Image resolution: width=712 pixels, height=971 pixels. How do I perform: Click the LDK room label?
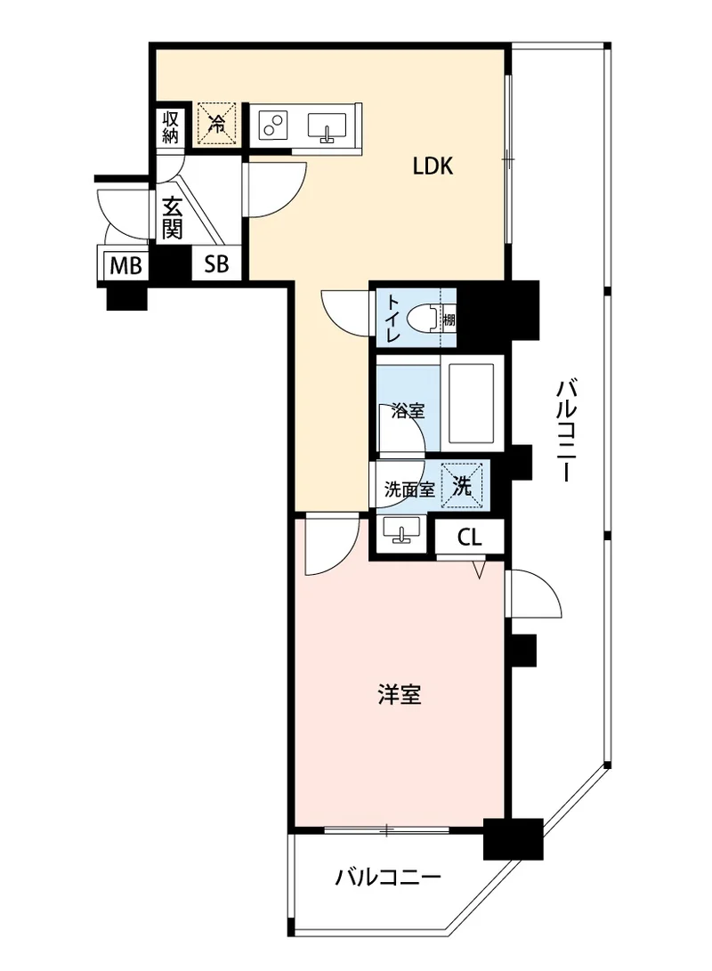pyautogui.click(x=433, y=166)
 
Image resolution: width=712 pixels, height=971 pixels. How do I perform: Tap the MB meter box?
pyautogui.click(x=126, y=265)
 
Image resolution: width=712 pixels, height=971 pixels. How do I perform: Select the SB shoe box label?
pyautogui.click(x=216, y=264)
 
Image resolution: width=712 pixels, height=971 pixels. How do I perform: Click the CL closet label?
pyautogui.click(x=469, y=537)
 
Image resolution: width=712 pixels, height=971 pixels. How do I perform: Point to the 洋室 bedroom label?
pyautogui.click(x=400, y=695)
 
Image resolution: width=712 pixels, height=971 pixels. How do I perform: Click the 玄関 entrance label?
pyautogui.click(x=172, y=218)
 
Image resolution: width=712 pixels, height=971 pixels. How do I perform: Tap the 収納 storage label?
pyautogui.click(x=170, y=127)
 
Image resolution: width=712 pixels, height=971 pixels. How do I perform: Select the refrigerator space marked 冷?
pyautogui.click(x=217, y=123)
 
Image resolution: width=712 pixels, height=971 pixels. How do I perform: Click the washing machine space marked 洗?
pyautogui.click(x=462, y=487)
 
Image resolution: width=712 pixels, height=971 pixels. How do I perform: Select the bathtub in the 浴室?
pyautogui.click(x=472, y=404)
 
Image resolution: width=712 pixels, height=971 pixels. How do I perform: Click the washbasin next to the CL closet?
pyautogui.click(x=401, y=530)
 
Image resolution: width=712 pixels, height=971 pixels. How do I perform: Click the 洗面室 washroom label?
pyautogui.click(x=409, y=490)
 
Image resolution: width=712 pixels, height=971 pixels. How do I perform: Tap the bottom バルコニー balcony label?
pyautogui.click(x=388, y=877)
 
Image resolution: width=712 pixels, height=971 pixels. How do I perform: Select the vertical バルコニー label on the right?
pyautogui.click(x=566, y=432)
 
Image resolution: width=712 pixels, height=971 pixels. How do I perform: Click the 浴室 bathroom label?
pyautogui.click(x=408, y=410)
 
